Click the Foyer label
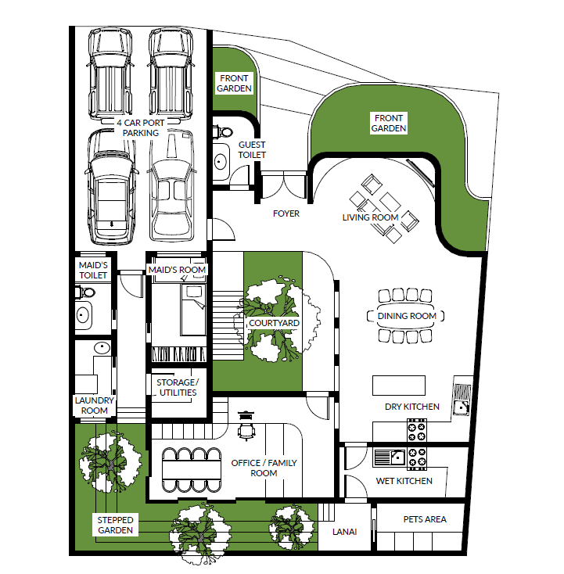pos(286,213)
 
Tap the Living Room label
pos(370,217)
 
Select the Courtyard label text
pos(274,323)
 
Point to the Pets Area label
pos(425,519)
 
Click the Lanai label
pos(344,532)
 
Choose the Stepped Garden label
pos(115,525)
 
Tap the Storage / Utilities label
pos(178,387)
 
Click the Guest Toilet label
pos(252,149)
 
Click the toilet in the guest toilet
pos(224,131)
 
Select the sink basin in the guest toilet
pos(220,161)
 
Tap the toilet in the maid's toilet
pos(85,292)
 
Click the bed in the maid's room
pos(193,310)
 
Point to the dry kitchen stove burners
pos(417,432)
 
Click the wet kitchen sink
pos(390,457)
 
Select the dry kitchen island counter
pos(399,386)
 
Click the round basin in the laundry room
pos(102,347)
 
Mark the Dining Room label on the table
pos(407,316)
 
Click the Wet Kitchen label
pos(404,481)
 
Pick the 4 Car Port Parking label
pos(141,127)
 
